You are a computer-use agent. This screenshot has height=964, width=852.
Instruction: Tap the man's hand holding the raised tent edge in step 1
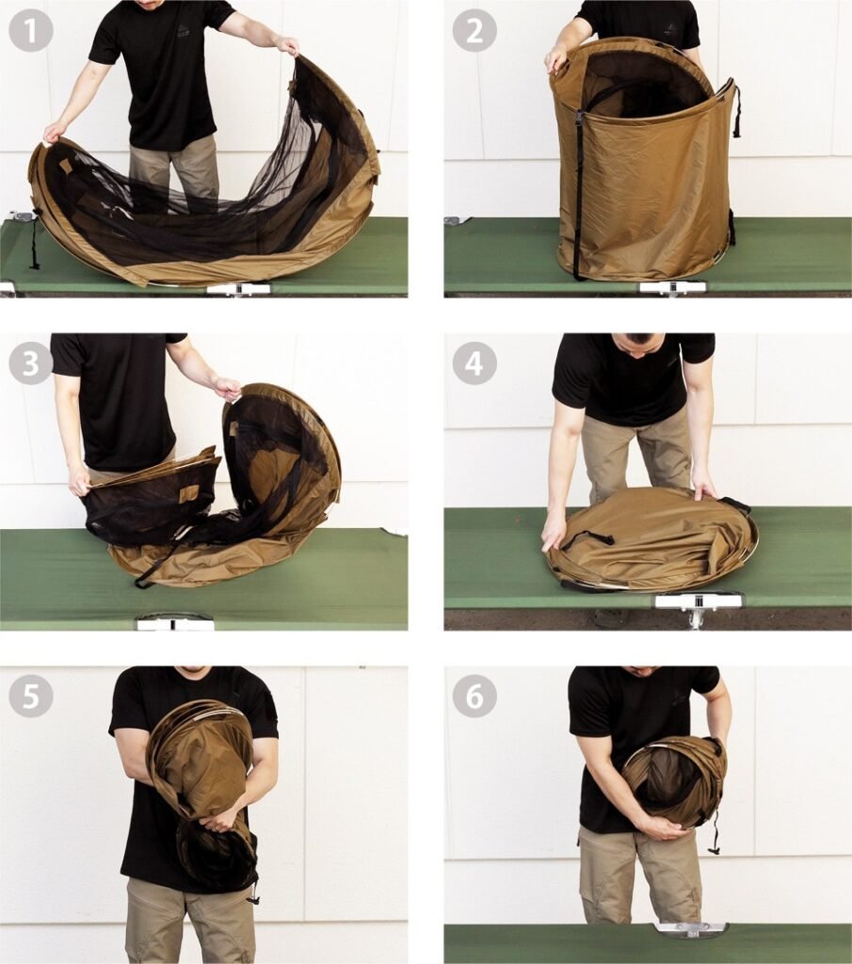(287, 45)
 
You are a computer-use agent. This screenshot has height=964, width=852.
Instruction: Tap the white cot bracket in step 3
(175, 622)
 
